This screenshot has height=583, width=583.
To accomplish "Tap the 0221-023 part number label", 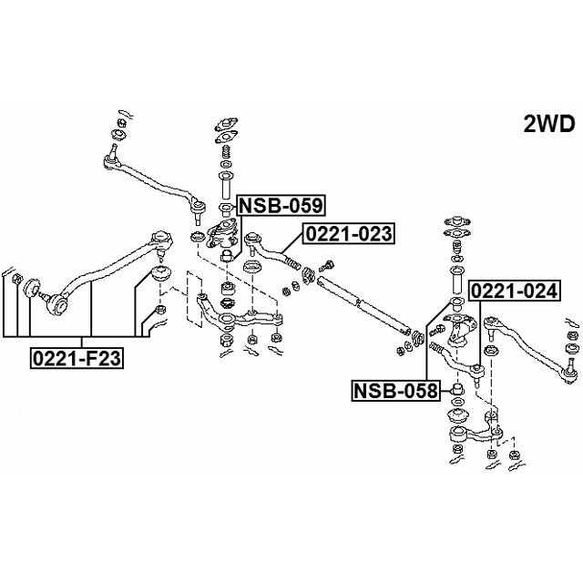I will (348, 234).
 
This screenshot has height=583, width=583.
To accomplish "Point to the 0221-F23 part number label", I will (77, 358).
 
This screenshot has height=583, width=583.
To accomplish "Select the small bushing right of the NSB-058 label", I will (458, 391).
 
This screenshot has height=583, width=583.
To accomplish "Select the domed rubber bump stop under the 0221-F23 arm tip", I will (163, 273).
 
